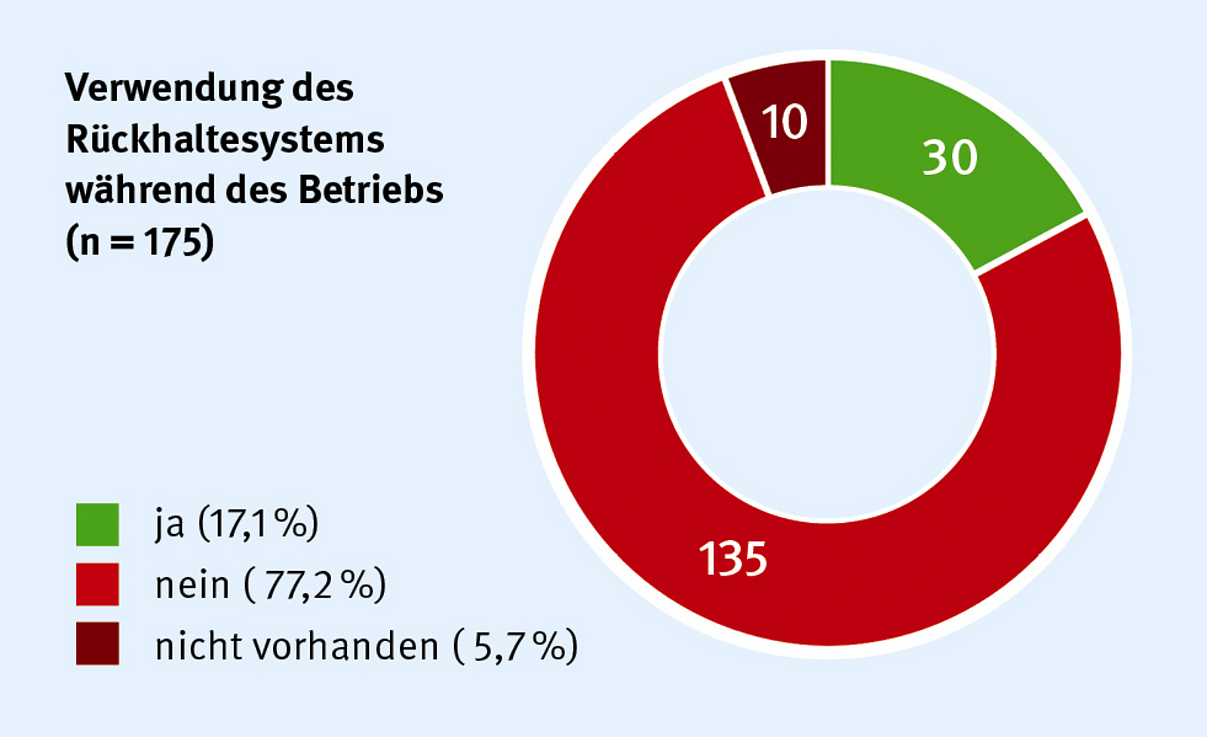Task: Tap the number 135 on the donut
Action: (x=732, y=559)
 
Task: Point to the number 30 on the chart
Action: (x=950, y=158)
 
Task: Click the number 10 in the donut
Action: (x=785, y=121)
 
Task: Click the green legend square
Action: (x=97, y=524)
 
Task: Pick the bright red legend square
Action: (x=97, y=584)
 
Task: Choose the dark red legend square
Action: (x=97, y=643)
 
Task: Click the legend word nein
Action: (x=192, y=585)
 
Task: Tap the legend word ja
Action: (x=169, y=524)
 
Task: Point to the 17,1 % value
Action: (x=259, y=524)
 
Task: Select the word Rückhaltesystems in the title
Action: (x=225, y=140)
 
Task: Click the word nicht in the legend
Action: (x=198, y=646)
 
